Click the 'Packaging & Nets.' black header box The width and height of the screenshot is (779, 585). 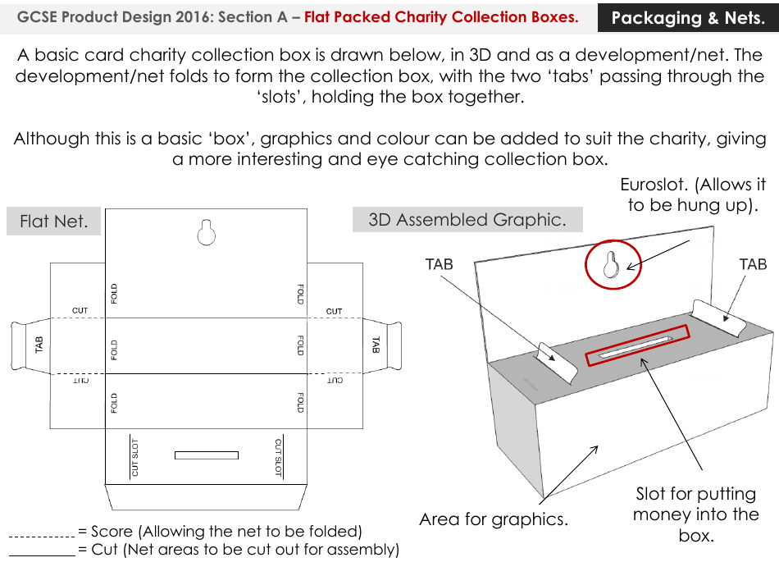pos(687,17)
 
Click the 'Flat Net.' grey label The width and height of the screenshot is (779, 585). pos(53,222)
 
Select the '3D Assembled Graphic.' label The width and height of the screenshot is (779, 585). pos(467,220)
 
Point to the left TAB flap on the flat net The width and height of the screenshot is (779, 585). pos(28,345)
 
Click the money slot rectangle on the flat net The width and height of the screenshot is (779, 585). pos(206,455)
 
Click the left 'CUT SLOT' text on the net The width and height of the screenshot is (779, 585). pos(135,457)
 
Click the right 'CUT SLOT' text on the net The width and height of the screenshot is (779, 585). pos(278,457)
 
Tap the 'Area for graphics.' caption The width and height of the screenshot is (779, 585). pos(493,519)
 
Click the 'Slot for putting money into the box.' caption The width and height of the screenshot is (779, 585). pos(695,514)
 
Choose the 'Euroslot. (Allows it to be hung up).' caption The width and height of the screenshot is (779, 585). pos(693,194)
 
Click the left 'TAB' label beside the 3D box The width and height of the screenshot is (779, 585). pos(439,264)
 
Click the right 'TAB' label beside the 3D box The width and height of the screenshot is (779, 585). pos(752,264)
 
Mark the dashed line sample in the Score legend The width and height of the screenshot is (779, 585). pos(41,536)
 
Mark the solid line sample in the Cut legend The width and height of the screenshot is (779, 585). pos(41,555)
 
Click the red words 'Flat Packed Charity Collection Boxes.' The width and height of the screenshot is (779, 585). pos(441,17)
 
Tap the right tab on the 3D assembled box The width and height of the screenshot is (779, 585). pos(718,316)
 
